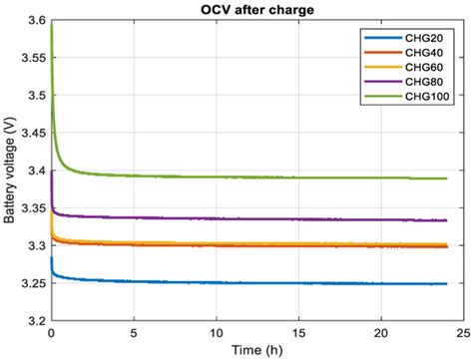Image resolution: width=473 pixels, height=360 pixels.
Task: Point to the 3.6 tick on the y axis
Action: (x=33, y=21)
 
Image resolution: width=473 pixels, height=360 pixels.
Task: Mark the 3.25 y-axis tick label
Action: (x=30, y=284)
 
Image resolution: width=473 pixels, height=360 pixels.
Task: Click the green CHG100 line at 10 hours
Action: (x=216, y=177)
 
